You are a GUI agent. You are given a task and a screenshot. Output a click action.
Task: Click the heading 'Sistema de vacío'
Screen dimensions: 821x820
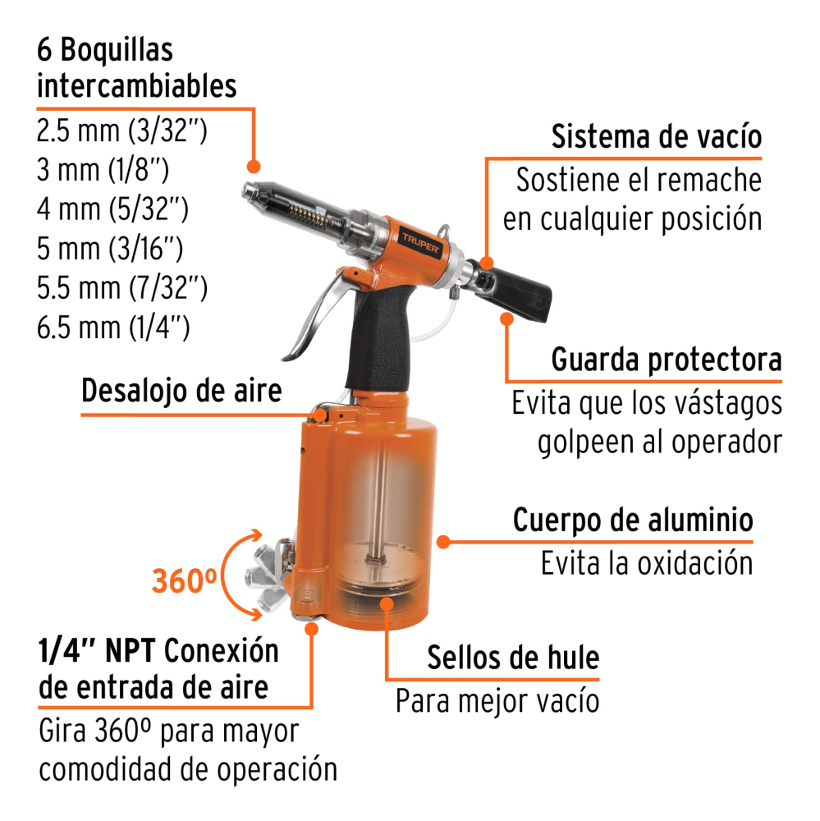click(655, 136)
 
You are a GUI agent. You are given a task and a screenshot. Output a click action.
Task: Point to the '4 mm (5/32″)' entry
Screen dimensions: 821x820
click(113, 210)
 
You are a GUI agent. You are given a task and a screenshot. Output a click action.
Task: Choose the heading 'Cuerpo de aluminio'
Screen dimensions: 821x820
click(633, 521)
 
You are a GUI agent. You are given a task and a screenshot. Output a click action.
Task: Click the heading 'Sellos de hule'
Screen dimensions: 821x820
click(513, 658)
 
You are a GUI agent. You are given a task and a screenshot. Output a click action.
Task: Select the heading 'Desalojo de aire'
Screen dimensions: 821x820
click(181, 392)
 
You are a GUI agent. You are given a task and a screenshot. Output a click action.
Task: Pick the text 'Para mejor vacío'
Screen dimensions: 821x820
click(497, 701)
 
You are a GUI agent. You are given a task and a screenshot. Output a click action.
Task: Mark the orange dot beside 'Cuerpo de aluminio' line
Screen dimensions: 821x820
click(443, 541)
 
